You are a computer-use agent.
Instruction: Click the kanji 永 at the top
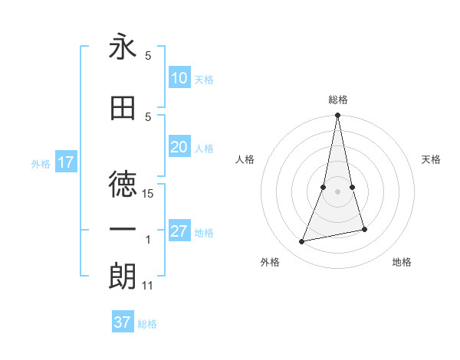coord(123,48)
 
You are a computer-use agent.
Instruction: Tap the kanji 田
coord(123,109)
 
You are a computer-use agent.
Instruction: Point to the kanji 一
coord(123,230)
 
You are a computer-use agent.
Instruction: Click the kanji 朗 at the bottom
coord(123,276)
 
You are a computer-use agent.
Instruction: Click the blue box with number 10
coord(179,77)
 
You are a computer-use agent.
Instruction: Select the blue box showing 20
coord(179,148)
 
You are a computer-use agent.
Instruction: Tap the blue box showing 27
coord(179,231)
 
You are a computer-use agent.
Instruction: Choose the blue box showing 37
coord(123,322)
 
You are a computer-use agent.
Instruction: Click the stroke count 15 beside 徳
coord(149,194)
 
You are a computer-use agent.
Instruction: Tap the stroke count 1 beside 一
coord(149,240)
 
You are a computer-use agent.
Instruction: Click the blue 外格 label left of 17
coord(41,163)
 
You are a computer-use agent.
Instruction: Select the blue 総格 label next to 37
coord(147,324)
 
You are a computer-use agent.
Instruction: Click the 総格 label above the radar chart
coord(338,100)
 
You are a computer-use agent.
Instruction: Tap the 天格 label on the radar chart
coord(432,159)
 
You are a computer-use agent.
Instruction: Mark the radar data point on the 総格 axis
coord(338,116)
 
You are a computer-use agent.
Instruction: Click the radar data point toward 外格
coord(302,242)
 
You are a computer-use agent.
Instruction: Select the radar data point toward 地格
coord(365,230)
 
